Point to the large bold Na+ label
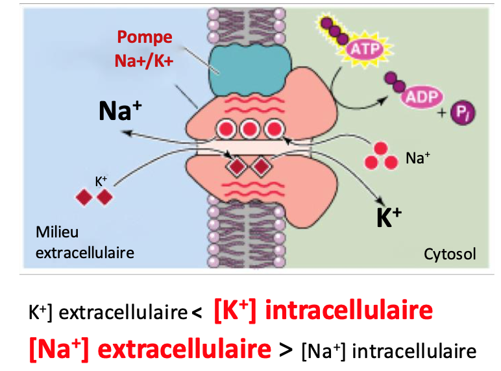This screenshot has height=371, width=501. tap(122, 110)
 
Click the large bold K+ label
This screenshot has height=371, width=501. tap(389, 218)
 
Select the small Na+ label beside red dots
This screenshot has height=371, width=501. tap(418, 157)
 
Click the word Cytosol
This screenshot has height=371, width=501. tap(450, 254)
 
